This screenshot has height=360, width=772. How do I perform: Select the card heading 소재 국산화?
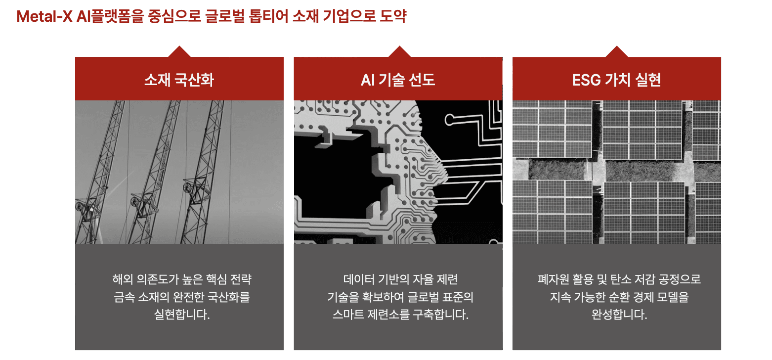coord(179,80)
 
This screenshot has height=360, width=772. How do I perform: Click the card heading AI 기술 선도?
coord(398,80)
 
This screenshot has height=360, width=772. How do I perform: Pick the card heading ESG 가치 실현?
coord(616,80)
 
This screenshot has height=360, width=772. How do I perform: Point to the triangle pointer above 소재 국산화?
coord(179,52)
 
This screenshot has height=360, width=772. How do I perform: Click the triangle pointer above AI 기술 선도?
coord(398,52)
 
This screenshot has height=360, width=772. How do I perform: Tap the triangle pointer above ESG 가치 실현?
coord(616,52)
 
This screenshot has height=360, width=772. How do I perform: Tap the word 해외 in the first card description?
coord(120,279)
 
